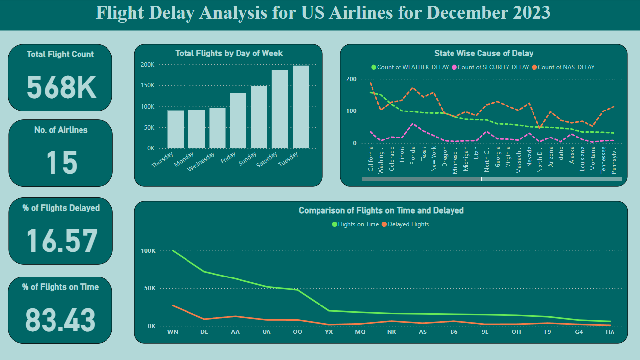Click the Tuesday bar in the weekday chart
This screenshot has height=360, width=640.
(x=300, y=107)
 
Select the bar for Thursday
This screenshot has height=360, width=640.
(x=175, y=129)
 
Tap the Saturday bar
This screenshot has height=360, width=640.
(x=280, y=109)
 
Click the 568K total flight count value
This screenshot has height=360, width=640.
(x=61, y=87)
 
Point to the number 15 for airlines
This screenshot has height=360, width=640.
(x=61, y=163)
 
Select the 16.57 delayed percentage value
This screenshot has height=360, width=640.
(x=61, y=242)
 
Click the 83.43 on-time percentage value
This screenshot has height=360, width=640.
(x=60, y=319)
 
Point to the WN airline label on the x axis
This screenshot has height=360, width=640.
(x=172, y=332)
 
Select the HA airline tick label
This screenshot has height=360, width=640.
(x=610, y=332)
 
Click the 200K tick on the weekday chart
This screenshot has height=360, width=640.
(x=148, y=65)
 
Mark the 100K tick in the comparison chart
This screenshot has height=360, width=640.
(x=148, y=251)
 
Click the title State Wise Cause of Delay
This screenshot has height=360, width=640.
(x=483, y=53)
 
